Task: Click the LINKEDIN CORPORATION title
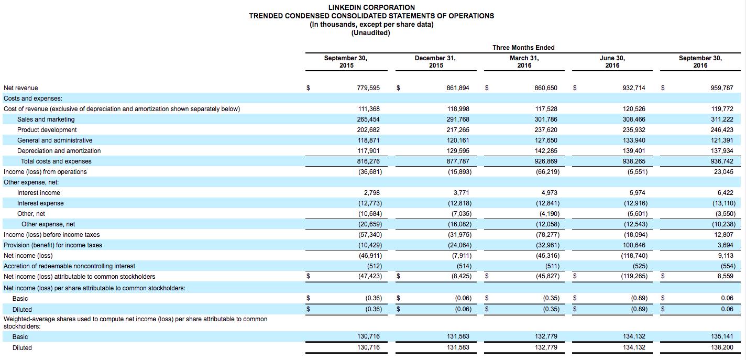click(x=371, y=7)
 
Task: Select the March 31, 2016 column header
click(x=524, y=62)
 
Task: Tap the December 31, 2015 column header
click(x=435, y=62)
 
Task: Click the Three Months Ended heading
click(x=523, y=48)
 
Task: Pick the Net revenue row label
click(x=21, y=88)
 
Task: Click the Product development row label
click(x=47, y=130)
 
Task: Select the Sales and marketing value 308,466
click(x=634, y=119)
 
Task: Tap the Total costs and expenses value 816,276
click(x=368, y=161)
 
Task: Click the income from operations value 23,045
click(x=723, y=172)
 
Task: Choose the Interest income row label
click(x=39, y=193)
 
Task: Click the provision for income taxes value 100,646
click(x=634, y=245)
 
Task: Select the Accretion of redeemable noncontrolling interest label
click(x=69, y=266)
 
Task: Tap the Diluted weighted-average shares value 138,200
click(x=722, y=348)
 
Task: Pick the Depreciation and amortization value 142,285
click(x=546, y=151)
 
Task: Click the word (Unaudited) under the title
click(x=371, y=33)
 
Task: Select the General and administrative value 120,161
click(x=458, y=140)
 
